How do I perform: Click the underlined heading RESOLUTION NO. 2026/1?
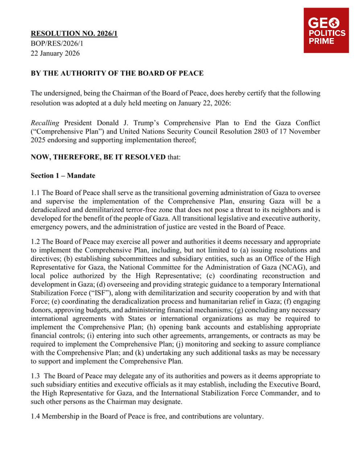click(x=74, y=34)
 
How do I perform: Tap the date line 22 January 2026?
click(x=55, y=53)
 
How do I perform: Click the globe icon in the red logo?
click(x=334, y=24)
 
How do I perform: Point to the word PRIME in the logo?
click(x=321, y=41)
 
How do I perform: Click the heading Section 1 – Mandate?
click(x=63, y=176)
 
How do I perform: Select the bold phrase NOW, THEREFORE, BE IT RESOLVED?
click(x=98, y=157)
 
